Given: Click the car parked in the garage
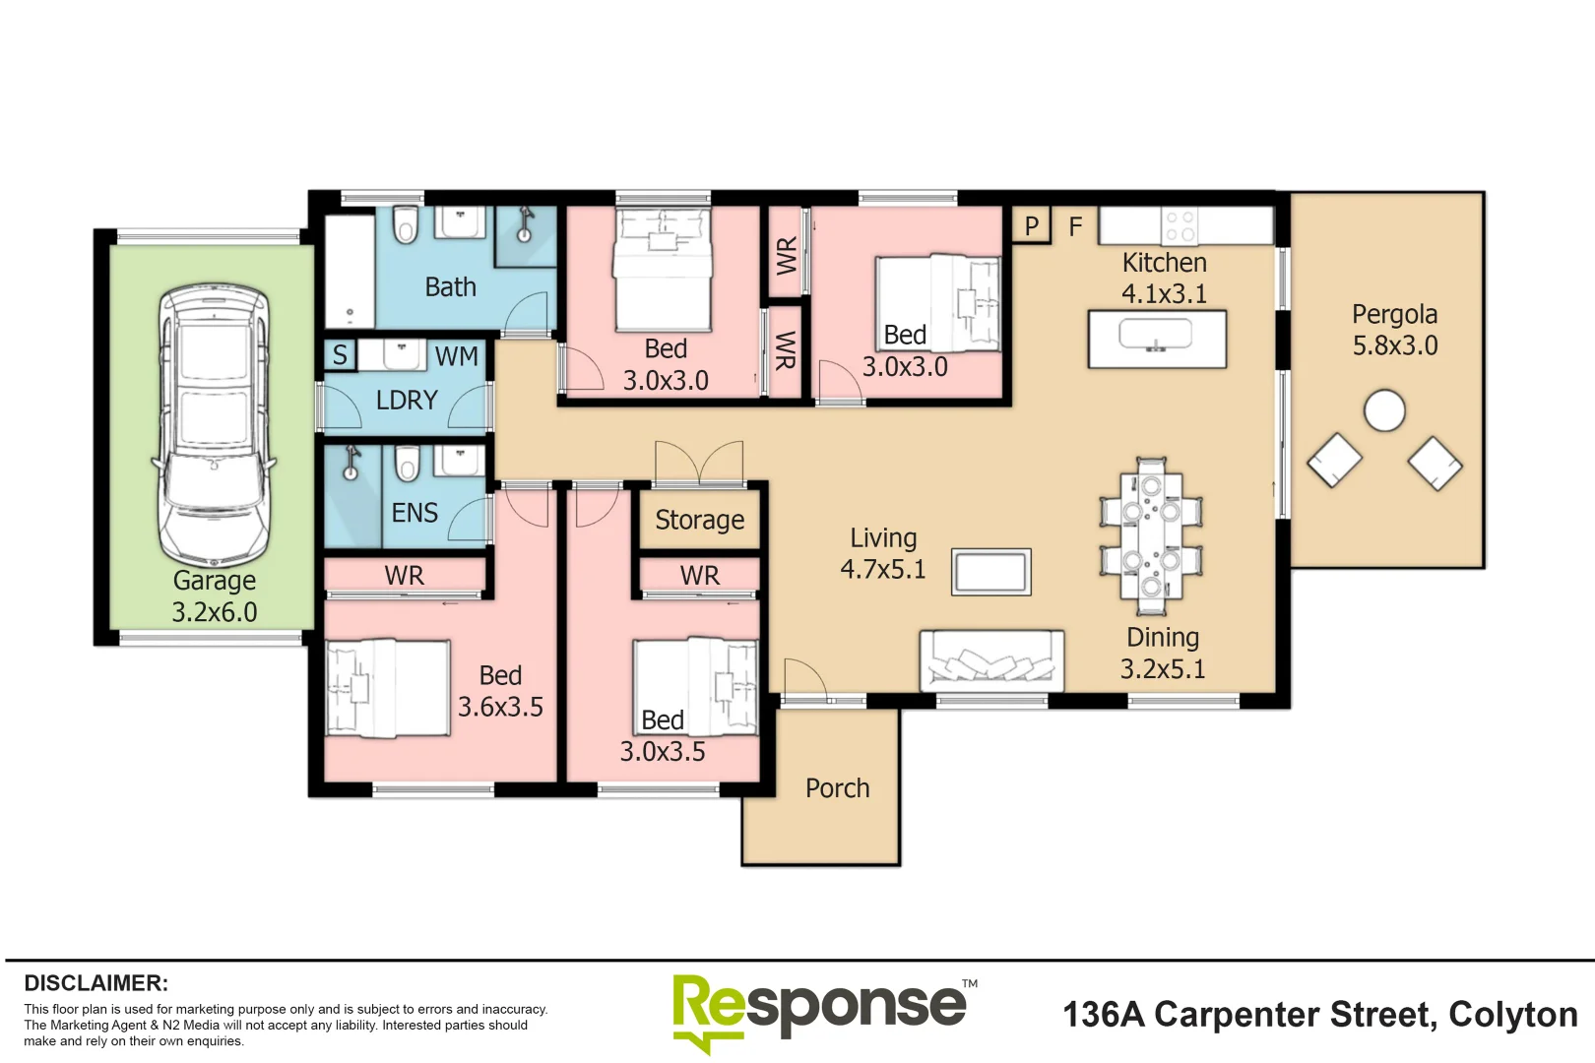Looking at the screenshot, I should tap(214, 423).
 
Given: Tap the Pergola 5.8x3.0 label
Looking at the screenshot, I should tap(1394, 331).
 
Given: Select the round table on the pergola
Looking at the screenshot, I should tap(1384, 410).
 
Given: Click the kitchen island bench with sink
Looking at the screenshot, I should tap(1157, 340).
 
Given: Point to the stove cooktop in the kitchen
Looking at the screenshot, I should tap(1180, 226).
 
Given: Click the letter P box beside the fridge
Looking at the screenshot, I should tap(1031, 226).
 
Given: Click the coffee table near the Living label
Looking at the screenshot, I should tap(990, 572).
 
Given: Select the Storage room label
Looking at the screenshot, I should tap(699, 520).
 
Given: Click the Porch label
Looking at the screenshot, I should tap(837, 788).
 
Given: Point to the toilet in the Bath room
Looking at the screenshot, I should tap(405, 226).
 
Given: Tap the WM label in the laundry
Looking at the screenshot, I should tap(456, 356).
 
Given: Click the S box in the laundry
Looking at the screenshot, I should tap(340, 355).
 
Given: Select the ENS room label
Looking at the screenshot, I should tap(415, 513).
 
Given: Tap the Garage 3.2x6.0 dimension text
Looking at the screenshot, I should tap(215, 612).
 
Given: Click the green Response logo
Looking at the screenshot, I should tap(817, 1010).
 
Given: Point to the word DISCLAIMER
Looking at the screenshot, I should tap(96, 983).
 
